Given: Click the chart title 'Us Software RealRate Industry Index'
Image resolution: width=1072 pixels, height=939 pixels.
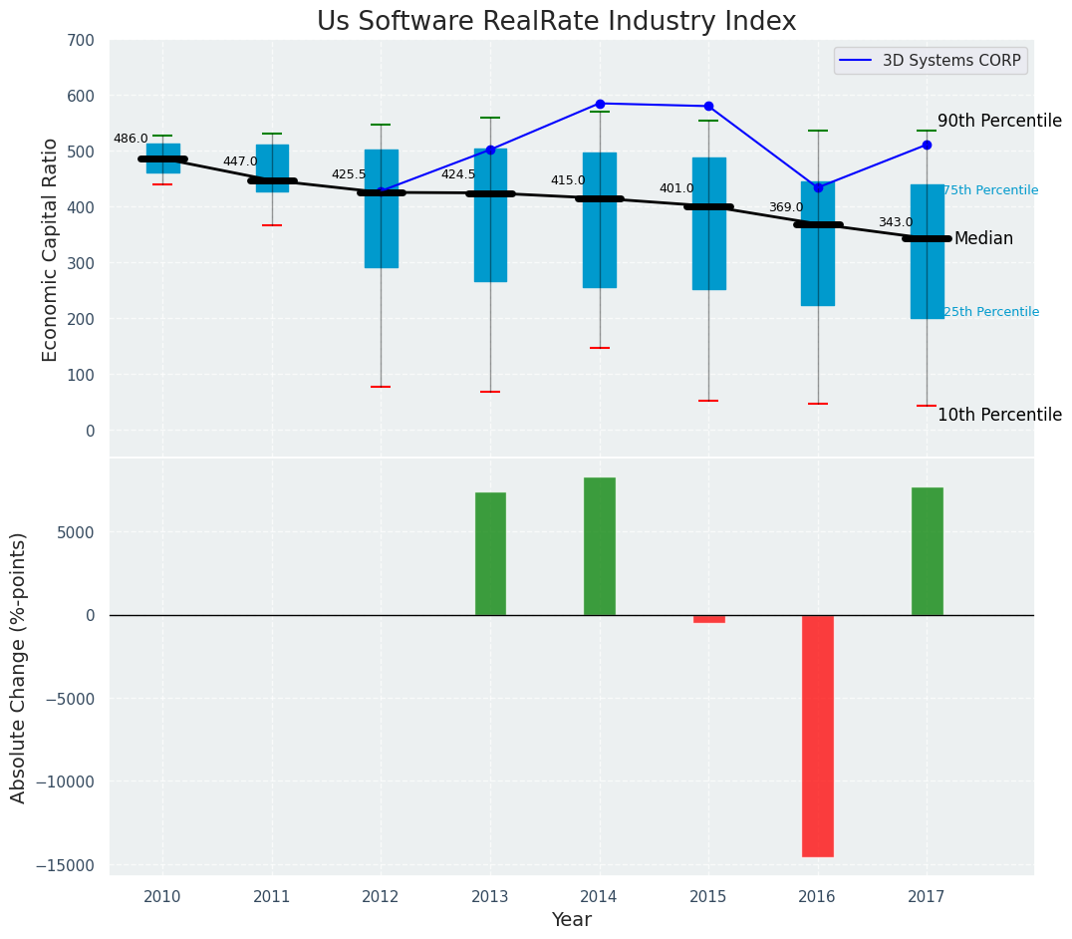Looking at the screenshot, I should [556, 22].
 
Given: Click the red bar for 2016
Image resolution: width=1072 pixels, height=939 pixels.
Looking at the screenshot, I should [818, 735].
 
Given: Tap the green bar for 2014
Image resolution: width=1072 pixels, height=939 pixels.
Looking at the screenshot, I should [600, 546].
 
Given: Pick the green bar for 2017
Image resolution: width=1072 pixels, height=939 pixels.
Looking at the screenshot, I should [927, 551].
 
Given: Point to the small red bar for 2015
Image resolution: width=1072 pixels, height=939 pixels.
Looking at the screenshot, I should [709, 619].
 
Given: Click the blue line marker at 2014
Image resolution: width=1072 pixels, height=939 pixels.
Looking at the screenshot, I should [600, 104].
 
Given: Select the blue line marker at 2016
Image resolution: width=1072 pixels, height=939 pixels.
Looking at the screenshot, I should [818, 187].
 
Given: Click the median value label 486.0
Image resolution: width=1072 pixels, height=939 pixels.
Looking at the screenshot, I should [131, 140].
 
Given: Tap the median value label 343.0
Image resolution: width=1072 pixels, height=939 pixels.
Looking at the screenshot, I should [895, 223].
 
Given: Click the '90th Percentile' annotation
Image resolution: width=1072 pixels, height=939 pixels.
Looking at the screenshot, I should [999, 121].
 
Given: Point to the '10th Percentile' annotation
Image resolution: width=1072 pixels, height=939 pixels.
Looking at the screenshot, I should [999, 416].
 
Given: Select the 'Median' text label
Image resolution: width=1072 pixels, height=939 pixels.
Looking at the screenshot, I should [983, 239].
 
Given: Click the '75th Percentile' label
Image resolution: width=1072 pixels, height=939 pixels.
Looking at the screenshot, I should [990, 190].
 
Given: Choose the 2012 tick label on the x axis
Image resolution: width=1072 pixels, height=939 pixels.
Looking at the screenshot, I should [381, 897].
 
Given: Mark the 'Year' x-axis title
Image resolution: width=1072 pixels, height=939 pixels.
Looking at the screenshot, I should [572, 920].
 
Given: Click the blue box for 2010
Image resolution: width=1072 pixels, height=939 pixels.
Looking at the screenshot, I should [163, 158].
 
